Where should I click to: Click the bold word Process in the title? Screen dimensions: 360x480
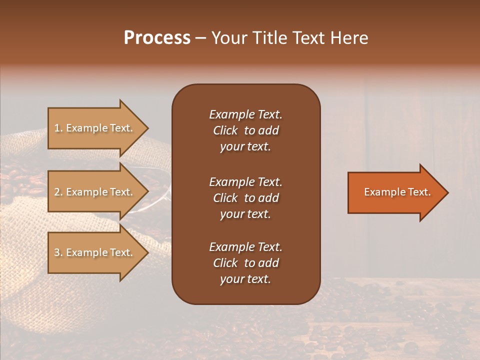click(x=157, y=38)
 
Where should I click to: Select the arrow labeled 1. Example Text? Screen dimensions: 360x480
click(x=95, y=128)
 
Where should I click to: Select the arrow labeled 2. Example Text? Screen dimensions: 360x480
click(x=95, y=192)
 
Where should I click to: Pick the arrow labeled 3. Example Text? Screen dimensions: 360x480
click(x=95, y=252)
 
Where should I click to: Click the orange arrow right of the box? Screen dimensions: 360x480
click(x=395, y=192)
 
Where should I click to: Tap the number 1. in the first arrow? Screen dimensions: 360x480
click(x=58, y=128)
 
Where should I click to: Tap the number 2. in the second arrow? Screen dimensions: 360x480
click(x=58, y=192)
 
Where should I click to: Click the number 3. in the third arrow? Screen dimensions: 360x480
click(x=58, y=252)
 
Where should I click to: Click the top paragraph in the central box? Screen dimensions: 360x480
click(x=245, y=130)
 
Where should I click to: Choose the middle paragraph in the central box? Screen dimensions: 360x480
click(x=245, y=198)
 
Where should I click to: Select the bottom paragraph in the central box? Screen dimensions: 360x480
click(x=245, y=263)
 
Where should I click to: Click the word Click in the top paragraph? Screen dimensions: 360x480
click(x=225, y=130)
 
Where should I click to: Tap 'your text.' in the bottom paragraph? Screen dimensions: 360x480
click(x=245, y=279)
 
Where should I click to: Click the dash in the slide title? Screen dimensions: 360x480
click(x=201, y=38)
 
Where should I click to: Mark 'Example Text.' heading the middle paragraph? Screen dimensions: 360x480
click(x=245, y=182)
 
